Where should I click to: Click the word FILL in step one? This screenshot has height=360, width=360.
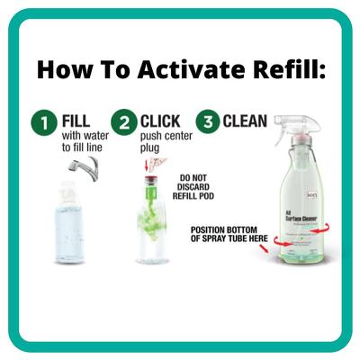(76, 121)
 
